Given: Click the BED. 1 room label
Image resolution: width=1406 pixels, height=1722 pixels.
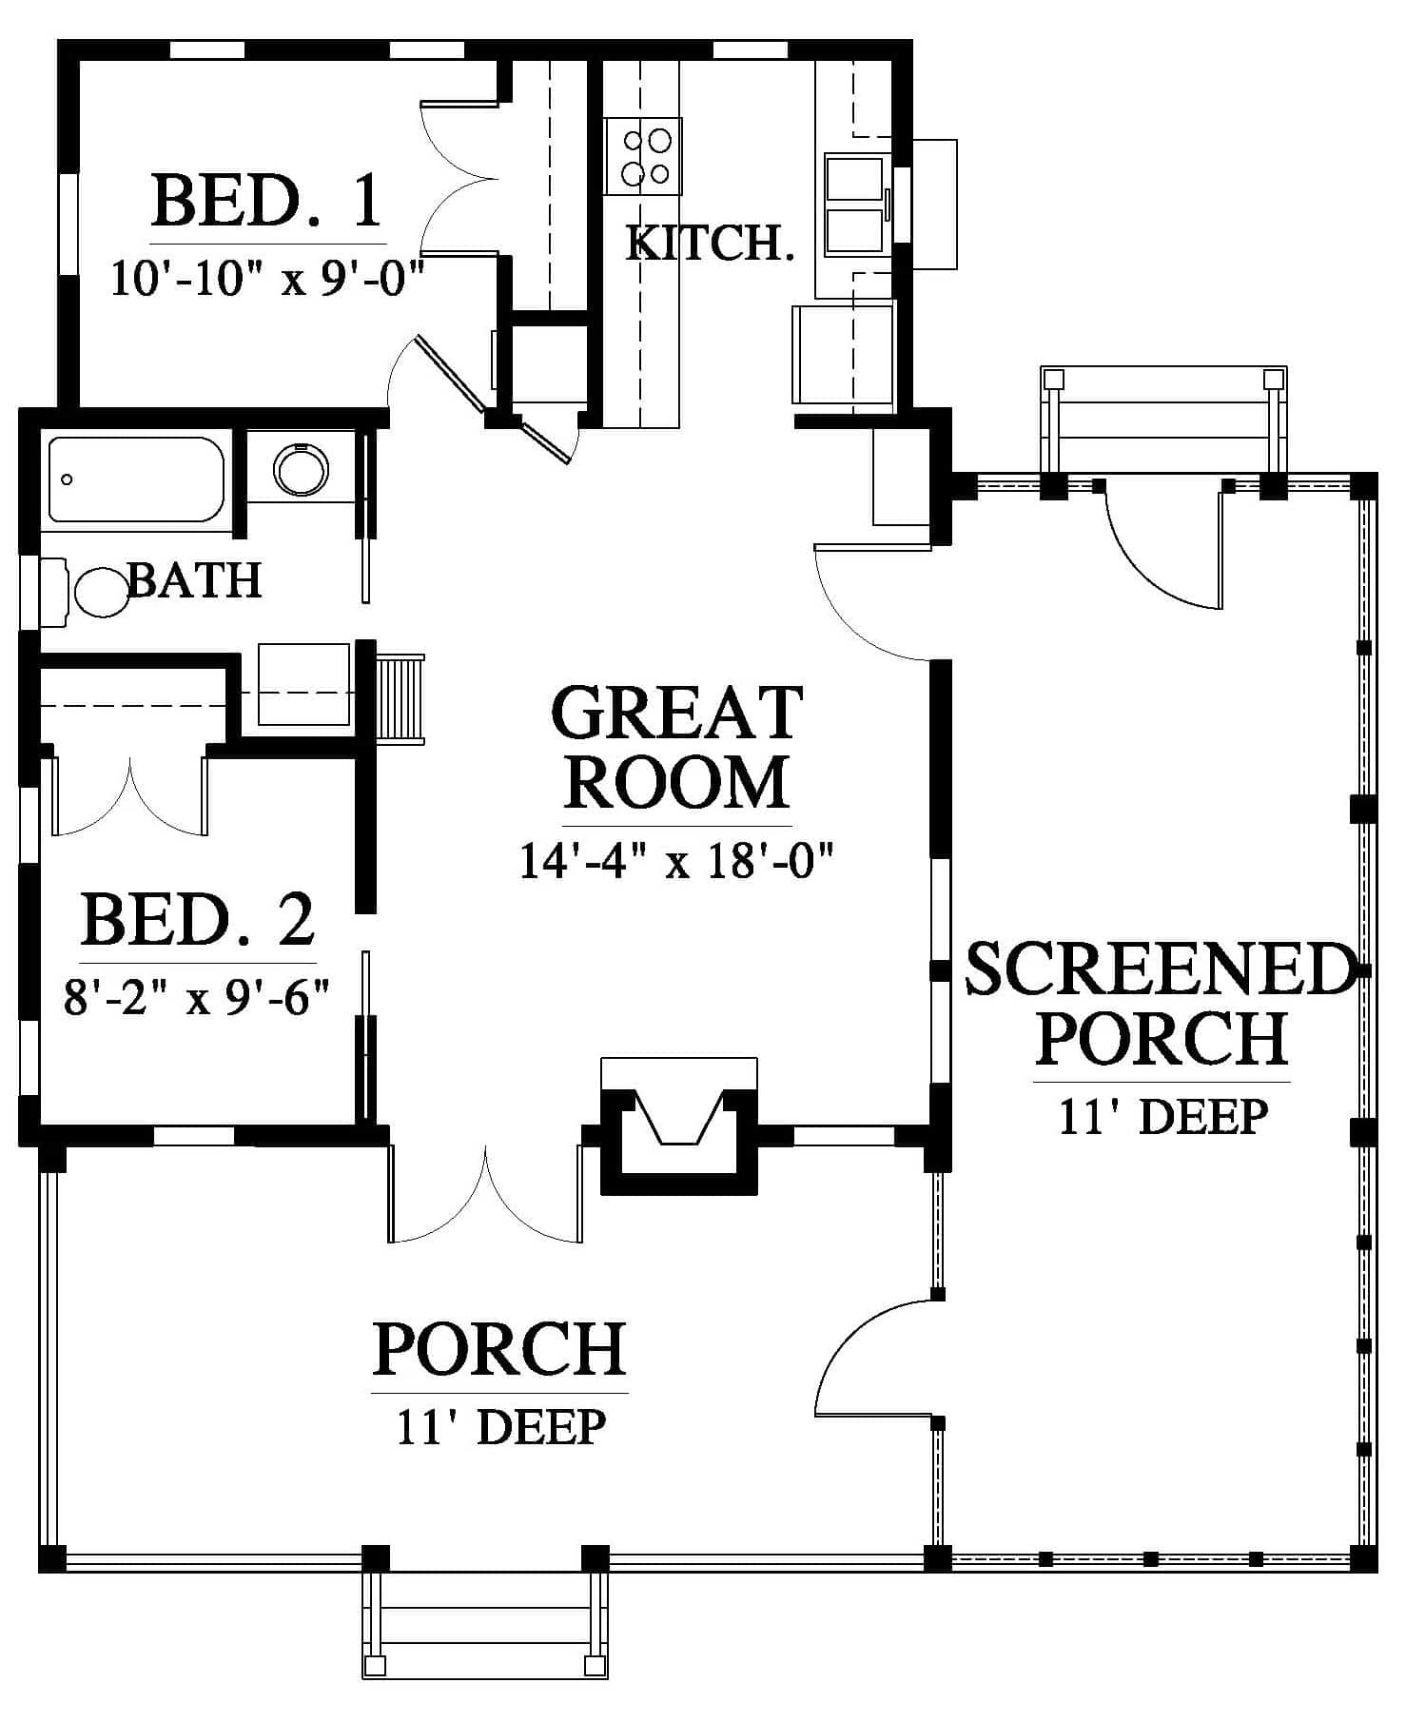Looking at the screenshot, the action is pyautogui.click(x=266, y=200).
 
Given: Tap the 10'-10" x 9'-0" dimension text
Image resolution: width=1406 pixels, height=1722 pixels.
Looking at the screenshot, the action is pyautogui.click(x=266, y=280).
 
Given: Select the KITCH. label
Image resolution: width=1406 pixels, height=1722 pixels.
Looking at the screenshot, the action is pyautogui.click(x=710, y=244).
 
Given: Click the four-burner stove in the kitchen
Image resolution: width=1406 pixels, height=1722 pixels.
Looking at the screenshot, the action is pyautogui.click(x=644, y=156).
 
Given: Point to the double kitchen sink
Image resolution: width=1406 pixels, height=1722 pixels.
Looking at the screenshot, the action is pyautogui.click(x=854, y=205).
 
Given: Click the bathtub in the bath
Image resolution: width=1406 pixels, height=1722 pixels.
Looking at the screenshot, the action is pyautogui.click(x=136, y=479).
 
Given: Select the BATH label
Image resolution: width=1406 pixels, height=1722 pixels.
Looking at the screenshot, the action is pyautogui.click(x=195, y=579).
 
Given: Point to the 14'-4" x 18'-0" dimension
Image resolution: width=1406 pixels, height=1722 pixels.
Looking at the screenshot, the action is pyautogui.click(x=676, y=862).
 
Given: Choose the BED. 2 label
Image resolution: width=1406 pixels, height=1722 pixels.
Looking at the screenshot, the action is pyautogui.click(x=198, y=920).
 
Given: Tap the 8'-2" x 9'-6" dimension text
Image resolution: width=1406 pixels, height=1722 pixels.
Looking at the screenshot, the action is pyautogui.click(x=197, y=999).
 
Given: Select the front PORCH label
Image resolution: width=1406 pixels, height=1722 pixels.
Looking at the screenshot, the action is pyautogui.click(x=499, y=1348).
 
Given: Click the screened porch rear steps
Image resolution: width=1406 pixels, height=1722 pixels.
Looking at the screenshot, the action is pyautogui.click(x=1163, y=419).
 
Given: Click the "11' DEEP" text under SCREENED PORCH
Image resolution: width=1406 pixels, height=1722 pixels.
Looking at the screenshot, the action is pyautogui.click(x=1163, y=1116).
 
